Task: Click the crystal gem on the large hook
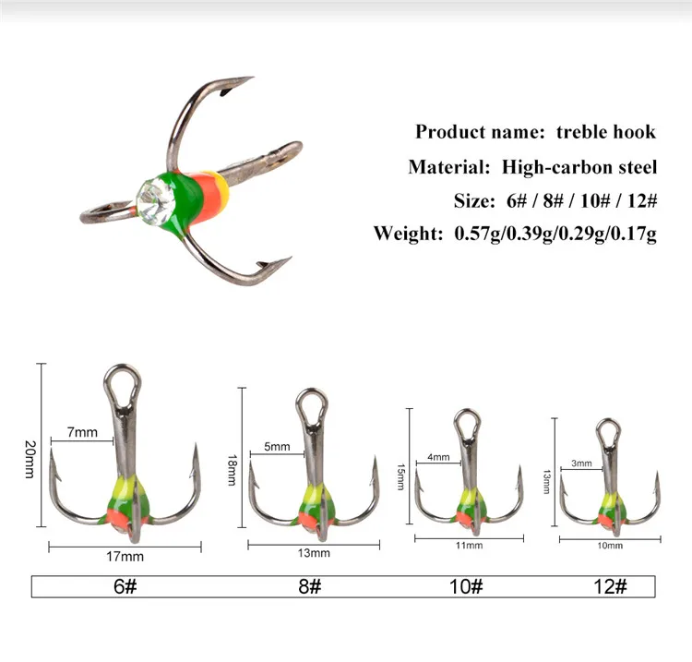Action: pyautogui.click(x=155, y=201)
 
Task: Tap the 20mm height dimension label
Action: pyautogui.click(x=30, y=459)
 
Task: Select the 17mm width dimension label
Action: pyautogui.click(x=125, y=557)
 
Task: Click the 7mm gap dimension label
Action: pyautogui.click(x=82, y=432)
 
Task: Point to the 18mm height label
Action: pyautogui.click(x=233, y=470)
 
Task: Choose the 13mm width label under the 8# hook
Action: pyautogui.click(x=314, y=553)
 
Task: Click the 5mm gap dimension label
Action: pyautogui.click(x=277, y=447)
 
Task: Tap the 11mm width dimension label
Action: pyautogui.click(x=469, y=546)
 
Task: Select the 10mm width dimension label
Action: pyautogui.click(x=611, y=546)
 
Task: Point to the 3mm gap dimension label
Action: pyautogui.click(x=581, y=463)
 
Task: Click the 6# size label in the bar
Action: pyautogui.click(x=125, y=586)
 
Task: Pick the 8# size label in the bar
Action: pyautogui.click(x=310, y=586)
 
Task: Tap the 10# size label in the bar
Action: pyautogui.click(x=466, y=586)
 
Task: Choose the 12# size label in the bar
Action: pyautogui.click(x=611, y=586)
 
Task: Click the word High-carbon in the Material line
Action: pyautogui.click(x=557, y=167)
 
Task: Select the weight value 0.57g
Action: pyautogui.click(x=478, y=234)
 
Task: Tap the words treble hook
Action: pyautogui.click(x=606, y=132)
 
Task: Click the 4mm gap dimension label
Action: pyautogui.click(x=438, y=457)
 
